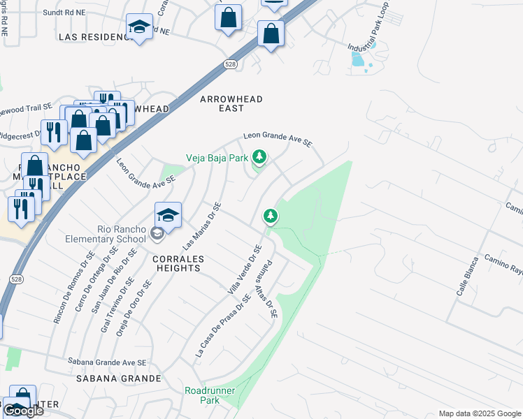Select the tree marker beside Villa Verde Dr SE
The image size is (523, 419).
click(271, 216)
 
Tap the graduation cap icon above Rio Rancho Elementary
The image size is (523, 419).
click(168, 214)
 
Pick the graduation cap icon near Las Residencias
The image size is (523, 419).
click(140, 28)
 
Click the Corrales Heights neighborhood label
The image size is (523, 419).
click(178, 264)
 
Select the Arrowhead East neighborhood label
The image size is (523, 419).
click(231, 103)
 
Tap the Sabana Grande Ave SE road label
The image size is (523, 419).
click(106, 362)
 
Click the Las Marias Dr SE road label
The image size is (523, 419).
click(201, 227)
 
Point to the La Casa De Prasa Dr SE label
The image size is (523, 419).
click(222, 326)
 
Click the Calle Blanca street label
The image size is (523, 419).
click(468, 276)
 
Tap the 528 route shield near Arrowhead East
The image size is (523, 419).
click(229, 64)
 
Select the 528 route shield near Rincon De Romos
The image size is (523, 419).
click(15, 278)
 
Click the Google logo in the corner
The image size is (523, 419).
click(23, 411)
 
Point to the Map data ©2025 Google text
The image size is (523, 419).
click(479, 413)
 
